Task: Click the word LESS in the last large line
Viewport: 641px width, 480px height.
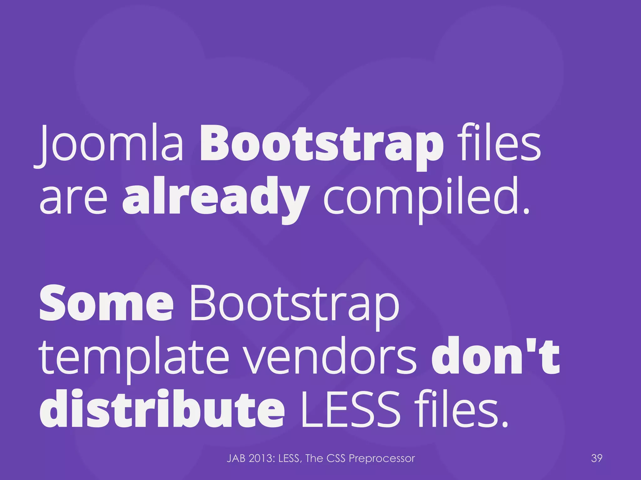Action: click(x=351, y=409)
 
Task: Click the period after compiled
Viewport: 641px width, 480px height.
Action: click(x=526, y=211)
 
